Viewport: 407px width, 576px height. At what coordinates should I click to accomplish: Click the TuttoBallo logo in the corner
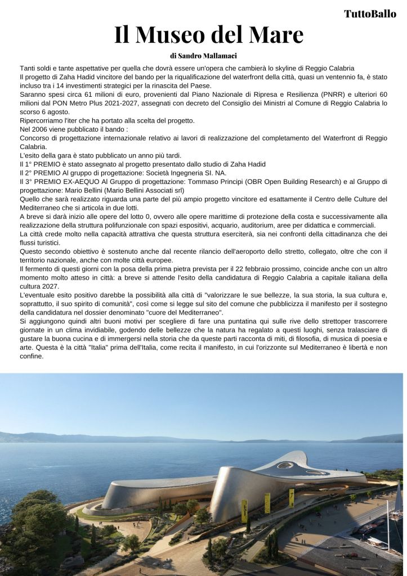[370, 14]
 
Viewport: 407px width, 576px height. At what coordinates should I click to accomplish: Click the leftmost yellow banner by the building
[244, 510]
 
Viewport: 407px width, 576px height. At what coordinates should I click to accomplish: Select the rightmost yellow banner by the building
[292, 497]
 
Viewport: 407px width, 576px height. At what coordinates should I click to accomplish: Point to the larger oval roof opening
[286, 466]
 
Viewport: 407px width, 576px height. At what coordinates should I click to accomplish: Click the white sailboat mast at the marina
[388, 517]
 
